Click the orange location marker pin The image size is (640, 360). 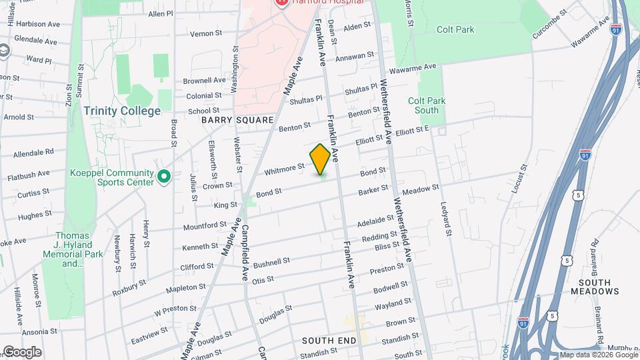[x=320, y=159]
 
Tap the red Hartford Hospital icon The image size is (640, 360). [x=281, y=2]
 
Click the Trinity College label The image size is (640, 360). [x=123, y=111]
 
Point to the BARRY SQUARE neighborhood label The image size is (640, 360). [x=237, y=120]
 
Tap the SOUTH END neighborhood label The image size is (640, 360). [x=329, y=340]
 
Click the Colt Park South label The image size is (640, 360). [x=427, y=105]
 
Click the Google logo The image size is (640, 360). [x=21, y=352]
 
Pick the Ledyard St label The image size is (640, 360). [x=445, y=224]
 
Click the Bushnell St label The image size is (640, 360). [x=272, y=261]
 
